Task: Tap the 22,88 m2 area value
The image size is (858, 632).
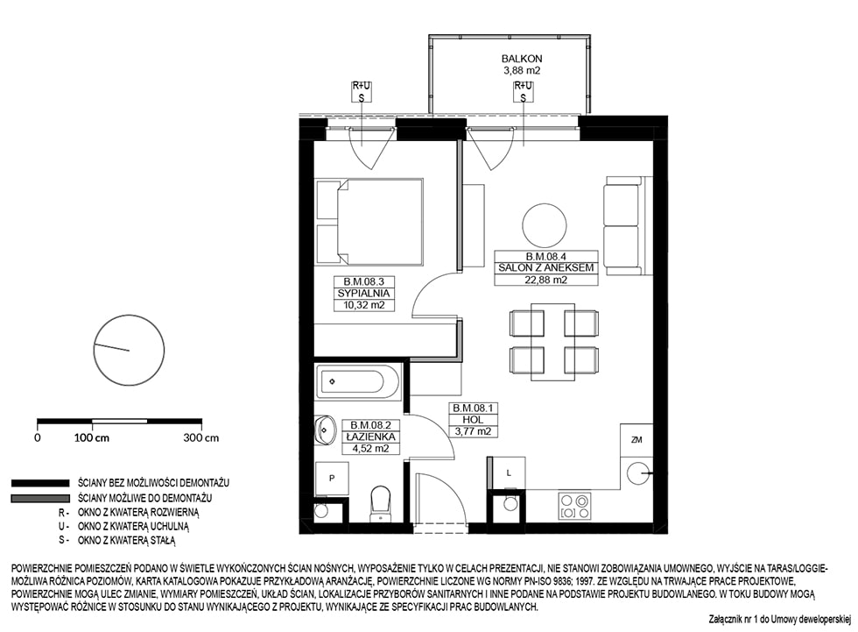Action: tap(545, 280)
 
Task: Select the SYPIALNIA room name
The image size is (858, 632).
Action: tap(363, 294)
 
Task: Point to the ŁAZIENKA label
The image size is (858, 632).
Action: tap(370, 437)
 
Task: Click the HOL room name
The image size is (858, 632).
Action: tap(473, 420)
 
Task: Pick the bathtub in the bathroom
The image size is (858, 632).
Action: tap(358, 380)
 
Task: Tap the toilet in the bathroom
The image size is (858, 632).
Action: tap(379, 504)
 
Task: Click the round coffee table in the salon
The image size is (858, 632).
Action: tap(545, 225)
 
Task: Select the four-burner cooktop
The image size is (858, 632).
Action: tap(574, 506)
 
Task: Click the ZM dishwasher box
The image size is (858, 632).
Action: tap(636, 440)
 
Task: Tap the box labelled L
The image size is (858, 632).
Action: tap(509, 472)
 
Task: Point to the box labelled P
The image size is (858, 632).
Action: tap(332, 478)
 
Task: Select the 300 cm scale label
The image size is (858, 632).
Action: tap(200, 438)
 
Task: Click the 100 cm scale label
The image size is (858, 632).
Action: tap(91, 438)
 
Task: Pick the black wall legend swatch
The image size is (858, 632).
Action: tap(40, 483)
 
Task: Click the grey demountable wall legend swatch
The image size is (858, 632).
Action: tap(40, 499)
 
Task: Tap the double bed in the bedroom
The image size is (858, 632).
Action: tap(369, 222)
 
